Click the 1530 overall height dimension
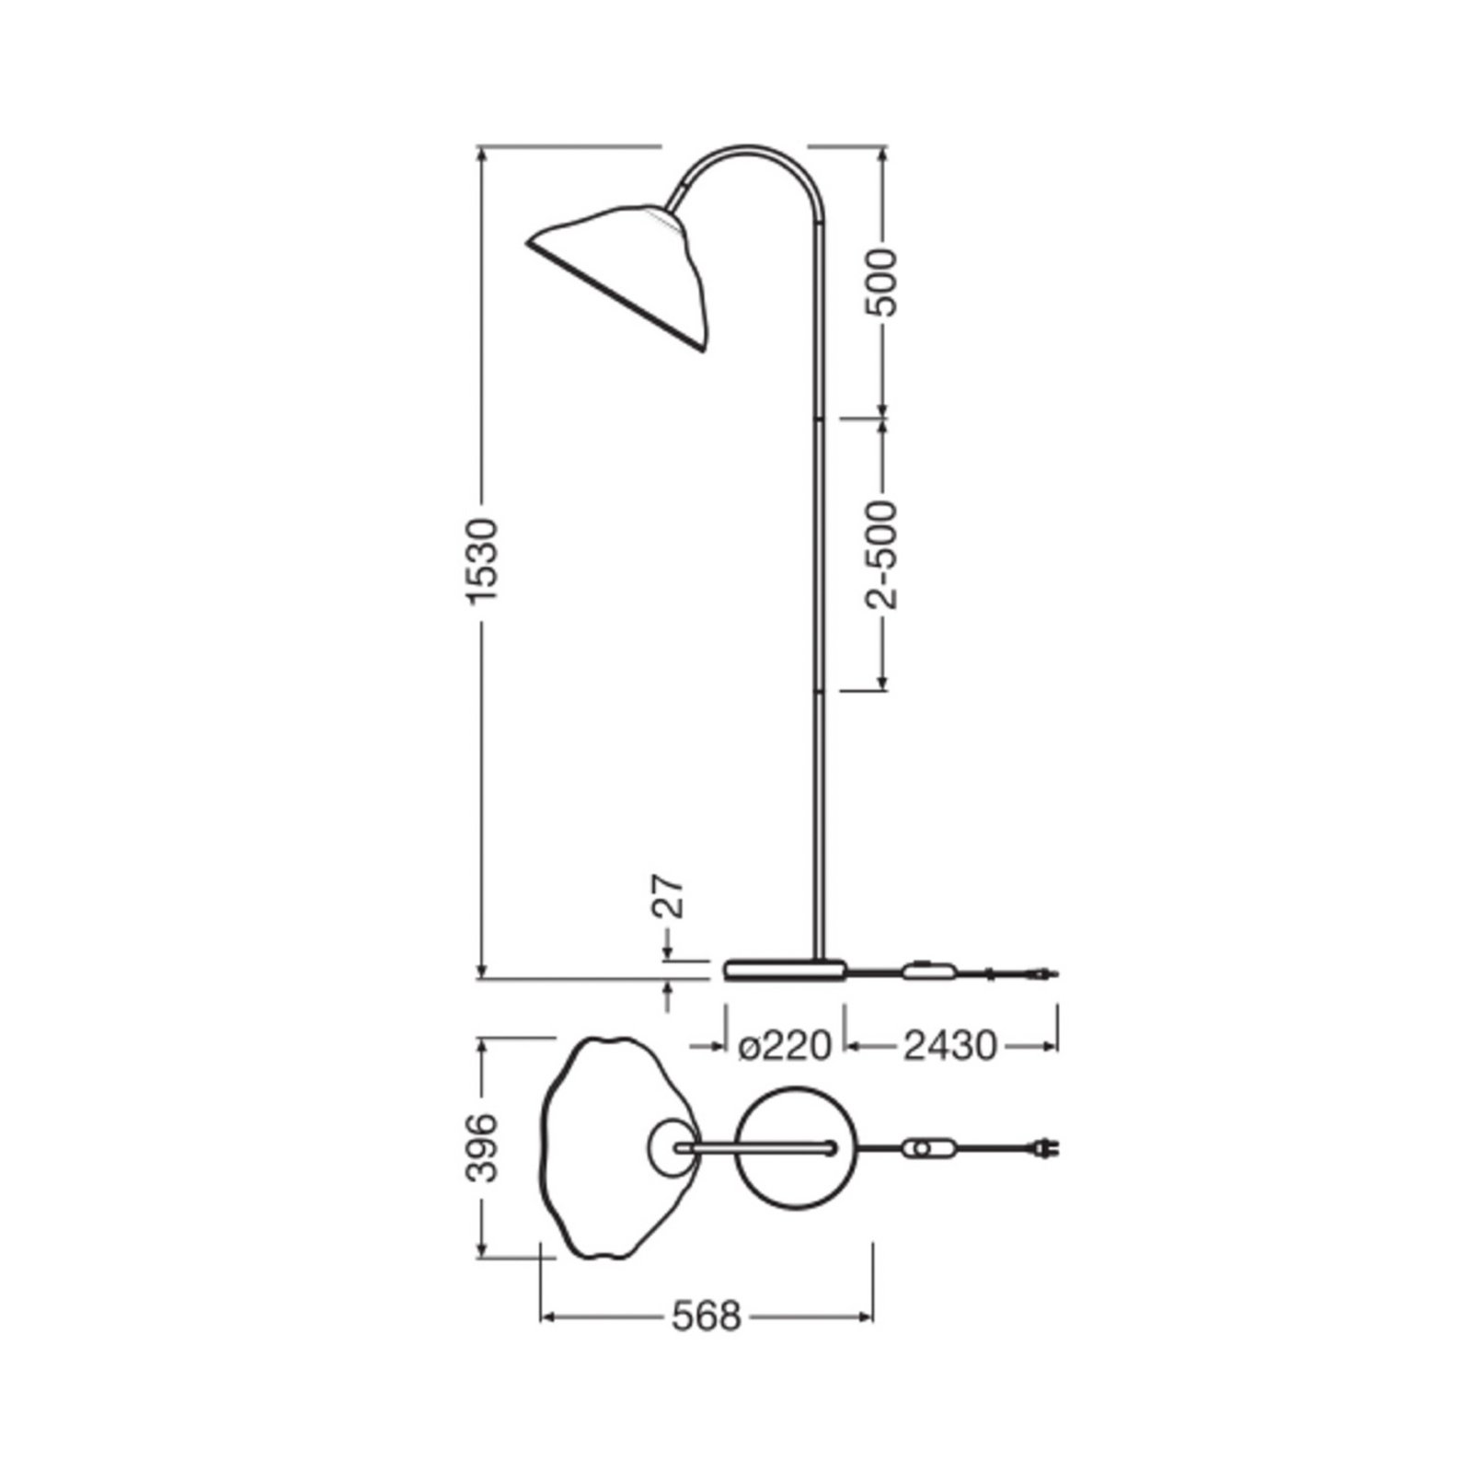coord(482,560)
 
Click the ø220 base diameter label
coord(785,1046)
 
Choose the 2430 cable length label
coord(949,1046)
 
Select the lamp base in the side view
coord(784,970)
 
